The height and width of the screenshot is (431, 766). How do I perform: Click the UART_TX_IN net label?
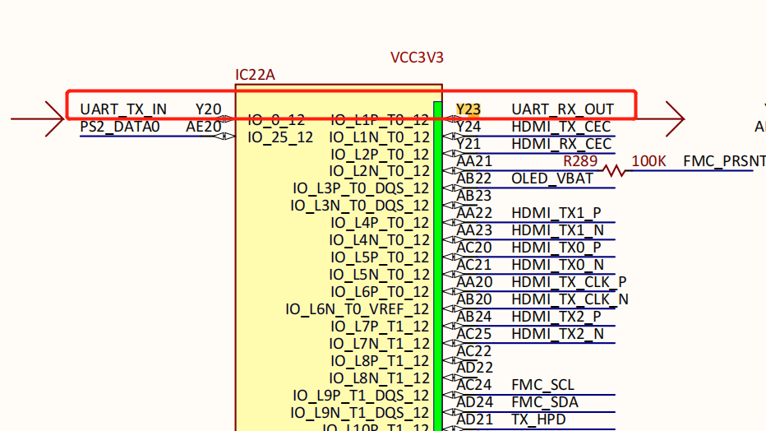(123, 109)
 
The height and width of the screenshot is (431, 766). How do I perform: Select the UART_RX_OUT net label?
(562, 109)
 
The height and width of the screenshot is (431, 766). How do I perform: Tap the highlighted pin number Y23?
(468, 109)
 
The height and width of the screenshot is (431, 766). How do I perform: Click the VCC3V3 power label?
(417, 58)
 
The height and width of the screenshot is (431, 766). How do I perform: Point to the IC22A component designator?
(255, 76)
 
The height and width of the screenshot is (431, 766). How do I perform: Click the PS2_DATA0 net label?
(120, 127)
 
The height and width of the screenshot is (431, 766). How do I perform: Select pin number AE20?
(203, 127)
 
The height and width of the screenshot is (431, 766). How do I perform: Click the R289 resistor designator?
(580, 160)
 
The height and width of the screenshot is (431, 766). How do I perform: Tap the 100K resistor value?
(649, 161)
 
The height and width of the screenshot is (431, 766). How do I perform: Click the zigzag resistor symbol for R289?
(614, 171)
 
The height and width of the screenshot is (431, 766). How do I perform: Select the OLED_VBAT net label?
(551, 178)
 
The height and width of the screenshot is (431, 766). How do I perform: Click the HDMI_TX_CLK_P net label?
(569, 281)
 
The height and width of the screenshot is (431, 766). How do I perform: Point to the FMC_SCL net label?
(542, 385)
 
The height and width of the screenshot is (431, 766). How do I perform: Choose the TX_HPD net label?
(539, 419)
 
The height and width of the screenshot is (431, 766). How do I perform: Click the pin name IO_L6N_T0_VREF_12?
(358, 309)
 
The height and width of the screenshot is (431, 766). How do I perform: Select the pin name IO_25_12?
(280, 137)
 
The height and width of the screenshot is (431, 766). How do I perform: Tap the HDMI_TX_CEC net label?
(561, 127)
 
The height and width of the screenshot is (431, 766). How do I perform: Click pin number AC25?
(475, 333)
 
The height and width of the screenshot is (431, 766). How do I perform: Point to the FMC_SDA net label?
(544, 402)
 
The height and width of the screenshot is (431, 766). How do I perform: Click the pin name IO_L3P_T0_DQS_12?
(361, 188)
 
